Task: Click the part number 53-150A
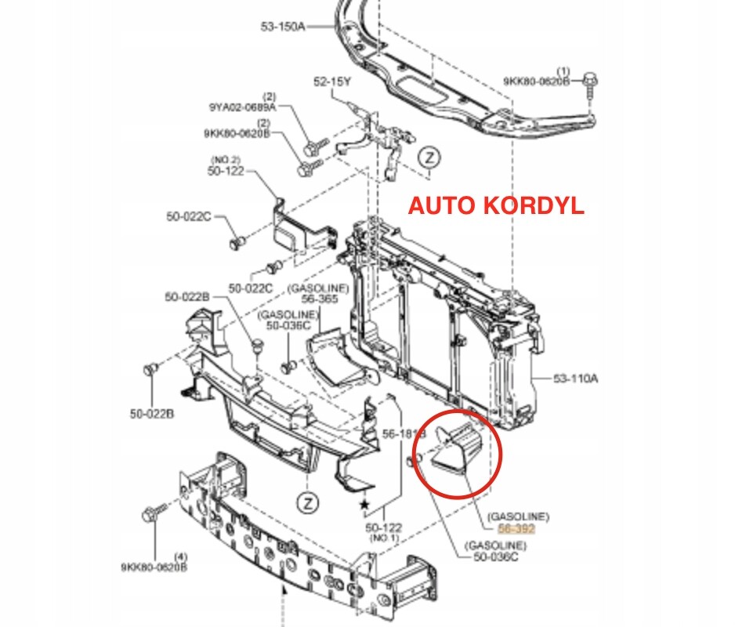(x=283, y=26)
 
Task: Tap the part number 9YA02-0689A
(x=242, y=107)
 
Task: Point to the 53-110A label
(x=576, y=379)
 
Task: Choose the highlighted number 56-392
(x=518, y=529)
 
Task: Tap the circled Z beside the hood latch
(x=429, y=158)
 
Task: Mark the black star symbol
(x=363, y=505)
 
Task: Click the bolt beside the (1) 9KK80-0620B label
(x=590, y=83)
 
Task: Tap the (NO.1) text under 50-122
(x=384, y=539)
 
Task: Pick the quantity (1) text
(x=563, y=70)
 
